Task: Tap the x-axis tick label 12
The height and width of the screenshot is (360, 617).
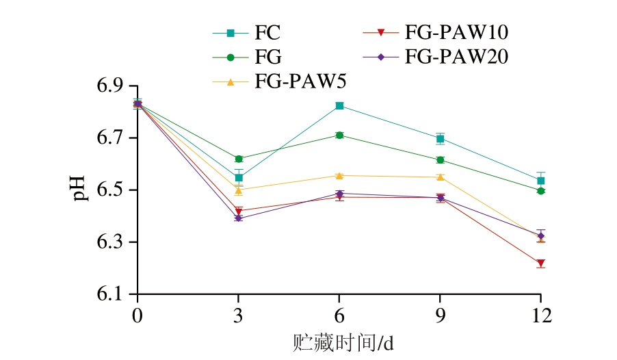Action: coord(540,317)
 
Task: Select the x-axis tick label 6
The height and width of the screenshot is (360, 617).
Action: coord(339,317)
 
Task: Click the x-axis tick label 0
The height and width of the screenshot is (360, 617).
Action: coord(137,317)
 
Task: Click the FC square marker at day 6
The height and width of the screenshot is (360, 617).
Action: coord(339,106)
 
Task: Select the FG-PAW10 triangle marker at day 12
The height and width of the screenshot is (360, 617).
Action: coord(540,263)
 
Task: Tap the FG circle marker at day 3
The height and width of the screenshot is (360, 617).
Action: coord(239,159)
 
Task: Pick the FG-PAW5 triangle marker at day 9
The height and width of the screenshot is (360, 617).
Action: coord(440,177)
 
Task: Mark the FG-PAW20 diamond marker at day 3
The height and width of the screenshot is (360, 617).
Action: coord(239,218)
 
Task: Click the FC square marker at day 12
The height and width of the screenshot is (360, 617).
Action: coord(540,181)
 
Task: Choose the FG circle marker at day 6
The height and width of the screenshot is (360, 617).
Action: coord(339,135)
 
